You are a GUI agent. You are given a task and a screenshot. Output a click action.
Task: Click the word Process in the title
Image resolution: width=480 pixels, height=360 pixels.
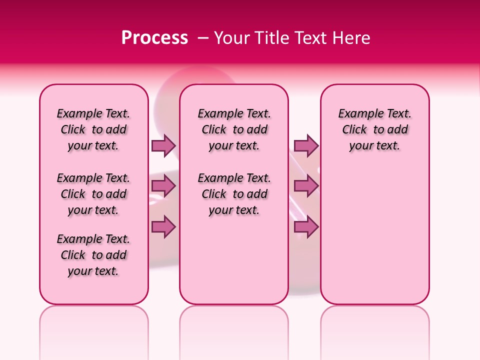click(x=154, y=38)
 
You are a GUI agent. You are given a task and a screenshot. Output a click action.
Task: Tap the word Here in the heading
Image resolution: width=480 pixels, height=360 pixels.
click(x=349, y=38)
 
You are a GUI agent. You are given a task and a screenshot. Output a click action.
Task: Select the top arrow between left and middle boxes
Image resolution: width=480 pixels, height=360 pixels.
click(x=163, y=145)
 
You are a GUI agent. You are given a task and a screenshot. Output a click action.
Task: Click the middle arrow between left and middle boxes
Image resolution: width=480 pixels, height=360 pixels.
click(x=163, y=186)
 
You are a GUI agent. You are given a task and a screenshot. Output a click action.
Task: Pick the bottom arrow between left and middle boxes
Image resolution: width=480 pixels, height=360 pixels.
click(x=163, y=227)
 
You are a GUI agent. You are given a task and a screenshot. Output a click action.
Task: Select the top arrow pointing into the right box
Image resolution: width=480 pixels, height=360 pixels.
click(x=306, y=145)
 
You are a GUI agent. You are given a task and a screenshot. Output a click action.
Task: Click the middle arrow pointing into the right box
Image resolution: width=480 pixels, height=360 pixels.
click(x=306, y=186)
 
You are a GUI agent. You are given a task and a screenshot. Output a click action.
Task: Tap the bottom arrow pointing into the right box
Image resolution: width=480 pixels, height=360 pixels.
click(x=306, y=227)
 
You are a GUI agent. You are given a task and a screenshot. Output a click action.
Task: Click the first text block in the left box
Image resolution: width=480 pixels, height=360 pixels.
click(x=93, y=129)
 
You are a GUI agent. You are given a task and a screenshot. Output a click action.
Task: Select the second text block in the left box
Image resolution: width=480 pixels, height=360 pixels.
click(x=93, y=194)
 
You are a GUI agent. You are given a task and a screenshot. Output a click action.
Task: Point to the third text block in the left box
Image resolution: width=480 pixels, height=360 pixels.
click(x=93, y=255)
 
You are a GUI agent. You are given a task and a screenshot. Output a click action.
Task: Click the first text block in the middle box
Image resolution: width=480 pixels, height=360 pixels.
click(x=234, y=129)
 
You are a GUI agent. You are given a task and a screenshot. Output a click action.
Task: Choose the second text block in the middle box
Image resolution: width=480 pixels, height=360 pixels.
click(x=234, y=194)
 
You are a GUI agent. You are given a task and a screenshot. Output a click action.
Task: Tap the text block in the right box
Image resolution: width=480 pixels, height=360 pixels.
click(x=374, y=129)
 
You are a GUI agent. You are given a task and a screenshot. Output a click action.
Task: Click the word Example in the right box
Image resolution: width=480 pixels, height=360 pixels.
click(x=358, y=114)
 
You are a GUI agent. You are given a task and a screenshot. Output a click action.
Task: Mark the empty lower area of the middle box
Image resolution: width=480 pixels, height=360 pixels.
click(x=234, y=260)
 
